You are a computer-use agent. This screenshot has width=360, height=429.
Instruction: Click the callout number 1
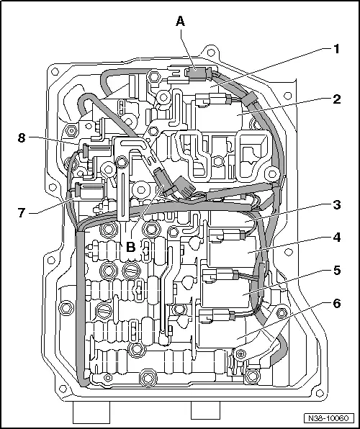click(x=336, y=50)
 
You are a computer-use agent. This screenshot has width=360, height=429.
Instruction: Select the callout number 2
click(x=336, y=100)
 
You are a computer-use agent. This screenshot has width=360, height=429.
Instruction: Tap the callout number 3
click(x=336, y=205)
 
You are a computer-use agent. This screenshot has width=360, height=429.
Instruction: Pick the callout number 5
click(x=336, y=271)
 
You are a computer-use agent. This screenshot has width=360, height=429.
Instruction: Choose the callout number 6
click(x=336, y=304)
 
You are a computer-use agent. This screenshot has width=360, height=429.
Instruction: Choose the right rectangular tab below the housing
click(x=206, y=410)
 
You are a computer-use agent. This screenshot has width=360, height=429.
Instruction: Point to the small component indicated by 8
click(x=85, y=150)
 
